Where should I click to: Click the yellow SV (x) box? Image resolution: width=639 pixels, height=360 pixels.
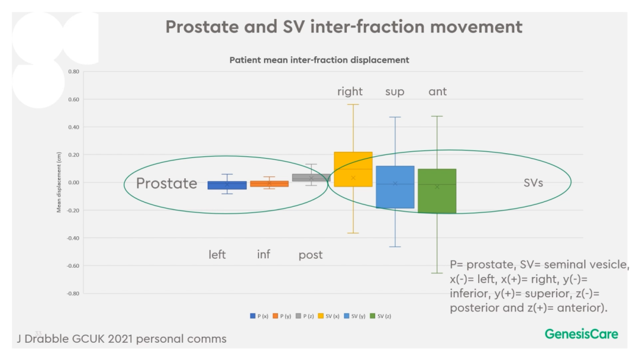pyautogui.click(x=353, y=169)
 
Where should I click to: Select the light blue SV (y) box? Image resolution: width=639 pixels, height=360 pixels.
pyautogui.click(x=395, y=187)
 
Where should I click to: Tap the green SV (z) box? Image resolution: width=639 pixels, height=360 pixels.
pyautogui.click(x=437, y=191)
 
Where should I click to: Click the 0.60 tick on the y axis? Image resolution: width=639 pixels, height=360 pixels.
pyautogui.click(x=73, y=99)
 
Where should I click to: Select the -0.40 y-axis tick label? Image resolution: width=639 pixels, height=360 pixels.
pyautogui.click(x=73, y=238)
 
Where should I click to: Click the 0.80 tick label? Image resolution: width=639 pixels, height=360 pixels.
pyautogui.click(x=73, y=72)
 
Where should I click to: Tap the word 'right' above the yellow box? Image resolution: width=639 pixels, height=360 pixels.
pyautogui.click(x=350, y=92)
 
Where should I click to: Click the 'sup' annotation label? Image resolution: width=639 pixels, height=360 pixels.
pyautogui.click(x=395, y=92)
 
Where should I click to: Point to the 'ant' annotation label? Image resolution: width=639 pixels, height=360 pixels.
pyautogui.click(x=437, y=92)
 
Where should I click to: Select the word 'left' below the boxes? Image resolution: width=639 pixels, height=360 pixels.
pyautogui.click(x=217, y=255)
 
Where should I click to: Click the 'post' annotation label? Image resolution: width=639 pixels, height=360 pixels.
pyautogui.click(x=310, y=255)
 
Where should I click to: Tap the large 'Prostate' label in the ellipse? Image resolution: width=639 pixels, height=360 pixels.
pyautogui.click(x=167, y=184)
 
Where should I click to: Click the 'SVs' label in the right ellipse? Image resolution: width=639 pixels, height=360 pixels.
pyautogui.click(x=533, y=183)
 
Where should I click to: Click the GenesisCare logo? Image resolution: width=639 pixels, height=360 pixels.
pyautogui.click(x=581, y=334)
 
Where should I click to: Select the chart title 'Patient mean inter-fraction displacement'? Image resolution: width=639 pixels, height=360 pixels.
pyautogui.click(x=319, y=60)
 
